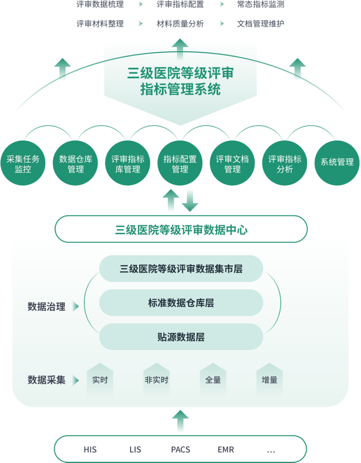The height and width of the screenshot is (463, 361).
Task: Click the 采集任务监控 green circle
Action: pos(23,164)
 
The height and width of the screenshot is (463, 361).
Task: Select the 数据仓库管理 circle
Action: pos(75,164)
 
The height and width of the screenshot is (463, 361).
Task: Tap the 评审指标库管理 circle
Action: pos(128,164)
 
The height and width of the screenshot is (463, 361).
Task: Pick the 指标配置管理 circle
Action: pos(180,164)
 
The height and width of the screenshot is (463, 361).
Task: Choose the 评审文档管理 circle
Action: pos(233,164)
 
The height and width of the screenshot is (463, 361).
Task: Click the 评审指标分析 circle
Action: pos(285,164)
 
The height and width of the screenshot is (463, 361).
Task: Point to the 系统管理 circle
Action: pos(337,164)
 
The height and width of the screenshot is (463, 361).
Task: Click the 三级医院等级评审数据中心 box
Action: pos(181,230)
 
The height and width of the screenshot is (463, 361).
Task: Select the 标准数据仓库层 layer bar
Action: pos(181,303)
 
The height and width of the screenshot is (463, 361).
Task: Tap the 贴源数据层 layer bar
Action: pos(181,337)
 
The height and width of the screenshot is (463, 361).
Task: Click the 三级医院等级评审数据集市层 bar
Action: pos(181,269)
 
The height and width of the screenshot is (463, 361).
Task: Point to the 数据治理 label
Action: pos(47,306)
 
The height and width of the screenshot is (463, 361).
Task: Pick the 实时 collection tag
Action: pos(100,380)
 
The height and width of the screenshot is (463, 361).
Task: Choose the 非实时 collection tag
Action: pos(156,380)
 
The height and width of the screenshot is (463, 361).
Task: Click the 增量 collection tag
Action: pos(269,380)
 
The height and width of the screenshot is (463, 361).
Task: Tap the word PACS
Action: pos(180,449)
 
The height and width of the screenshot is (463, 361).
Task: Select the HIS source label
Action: pos(91,449)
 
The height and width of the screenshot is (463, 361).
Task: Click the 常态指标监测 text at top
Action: pos(261,5)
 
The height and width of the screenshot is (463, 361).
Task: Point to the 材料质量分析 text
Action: pos(180,24)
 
